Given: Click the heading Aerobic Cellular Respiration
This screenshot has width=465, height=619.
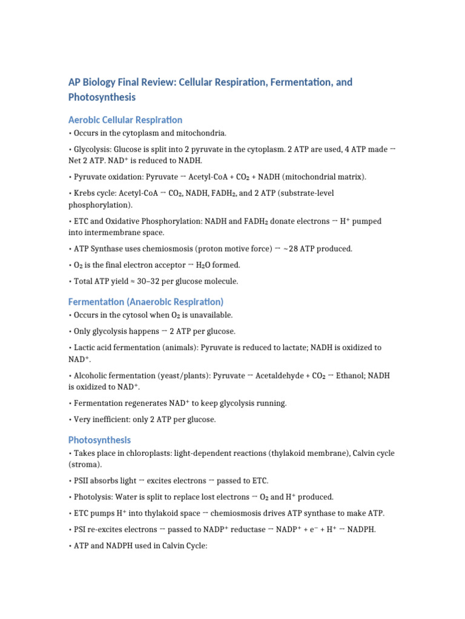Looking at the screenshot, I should [x=125, y=120].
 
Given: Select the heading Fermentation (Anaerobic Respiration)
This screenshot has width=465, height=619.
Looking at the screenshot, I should [x=146, y=301].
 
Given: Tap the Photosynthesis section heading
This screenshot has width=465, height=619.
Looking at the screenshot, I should [x=99, y=439].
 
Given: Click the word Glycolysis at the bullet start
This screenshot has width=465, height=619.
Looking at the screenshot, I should [x=93, y=149].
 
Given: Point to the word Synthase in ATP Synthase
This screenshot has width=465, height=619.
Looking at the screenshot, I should [x=113, y=248].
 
